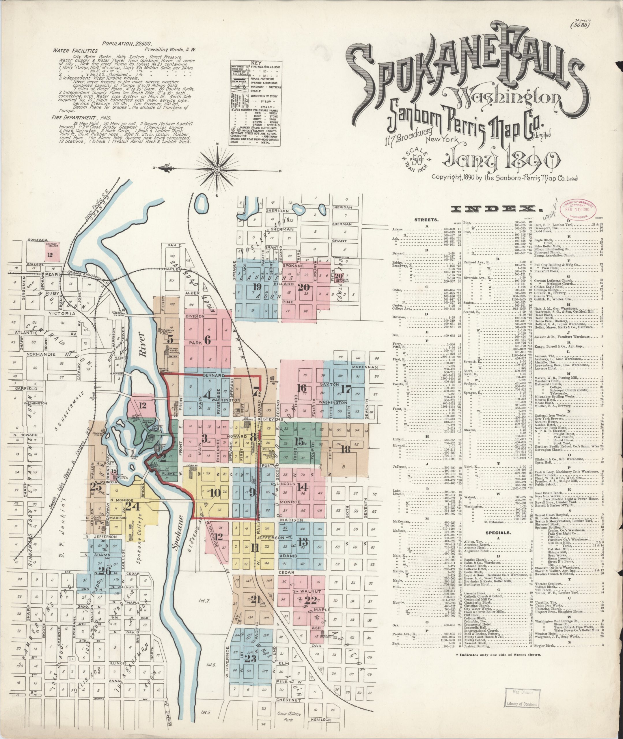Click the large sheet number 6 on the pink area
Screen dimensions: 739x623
pos(207,340)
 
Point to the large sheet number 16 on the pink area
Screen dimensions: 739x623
pos(301,388)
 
